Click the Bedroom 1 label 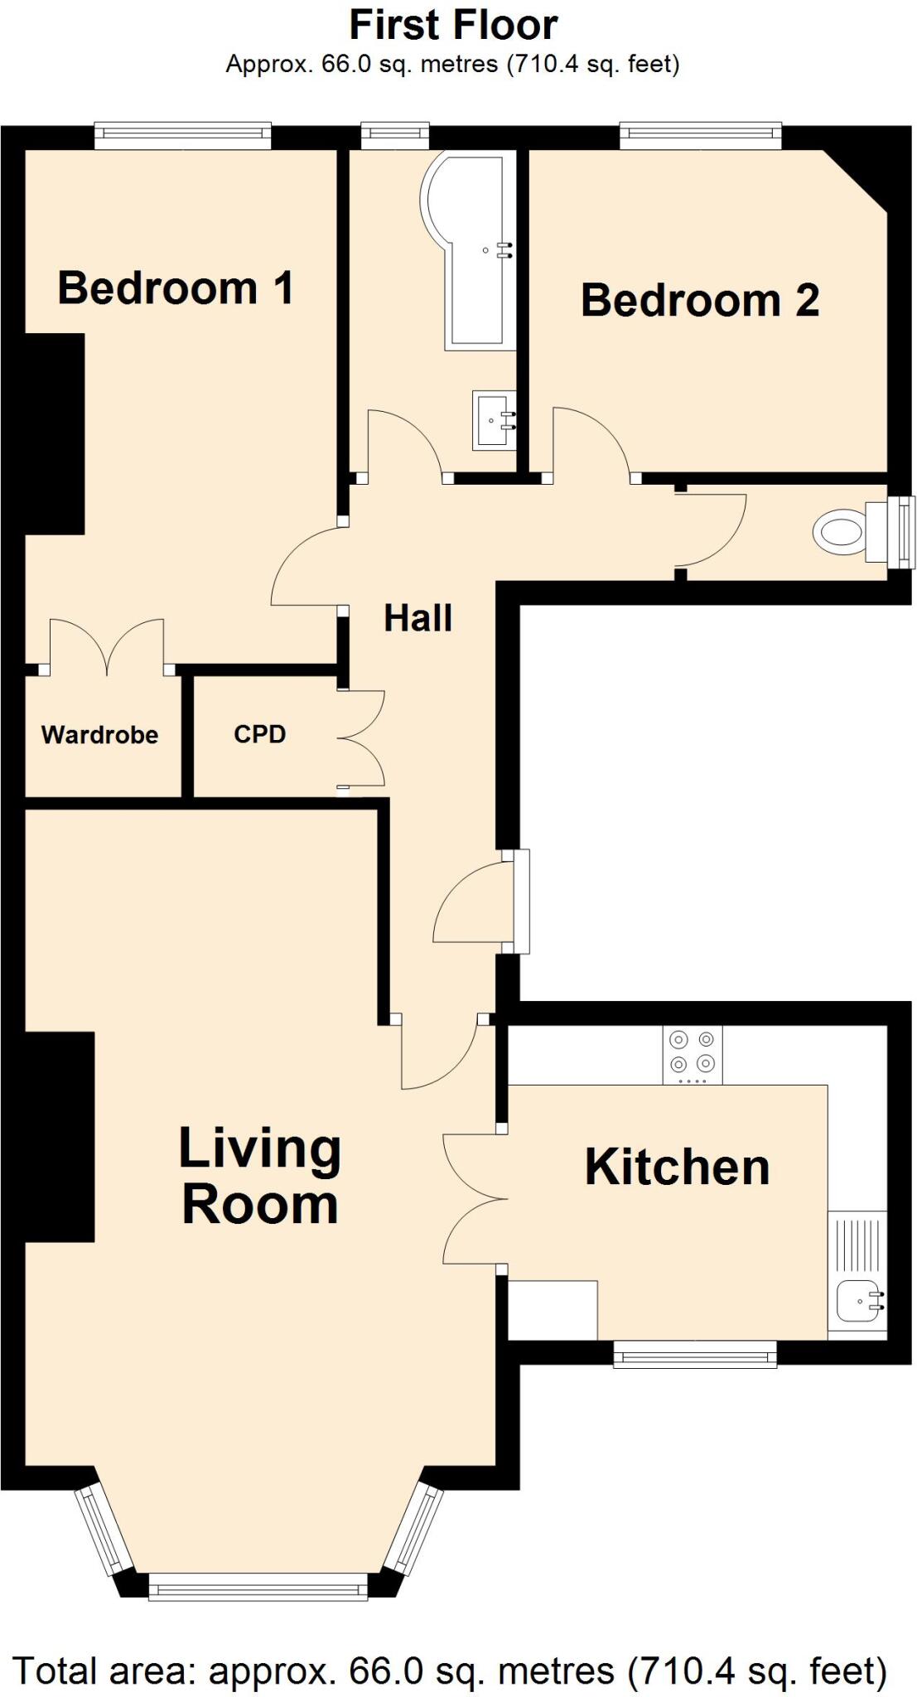pyautogui.click(x=176, y=288)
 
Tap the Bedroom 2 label pyautogui.click(x=700, y=300)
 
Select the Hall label pyautogui.click(x=417, y=618)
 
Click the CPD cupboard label pyautogui.click(x=259, y=734)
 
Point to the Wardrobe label pyautogui.click(x=99, y=735)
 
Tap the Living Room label pyautogui.click(x=260, y=1176)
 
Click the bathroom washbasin pyautogui.click(x=494, y=421)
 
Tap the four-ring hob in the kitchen pyautogui.click(x=693, y=1055)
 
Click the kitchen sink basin pyautogui.click(x=857, y=1300)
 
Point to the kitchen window pyautogui.click(x=695, y=1356)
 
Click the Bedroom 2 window pyautogui.click(x=701, y=135)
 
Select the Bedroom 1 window pyautogui.click(x=183, y=135)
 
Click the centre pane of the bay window pyautogui.click(x=258, y=1588)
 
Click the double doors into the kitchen pyautogui.click(x=474, y=1198)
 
